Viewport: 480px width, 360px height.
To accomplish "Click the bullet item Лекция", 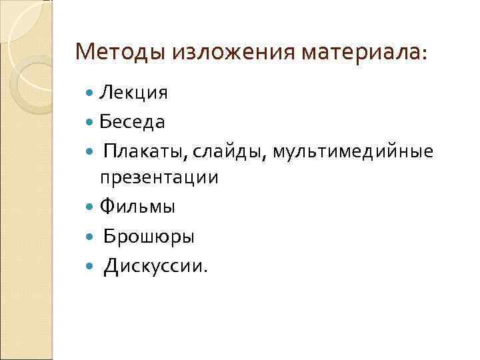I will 133,93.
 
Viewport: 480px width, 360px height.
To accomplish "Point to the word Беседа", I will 133,123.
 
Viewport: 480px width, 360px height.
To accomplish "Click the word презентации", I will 159,179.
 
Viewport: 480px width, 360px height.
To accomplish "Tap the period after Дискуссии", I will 206,271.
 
